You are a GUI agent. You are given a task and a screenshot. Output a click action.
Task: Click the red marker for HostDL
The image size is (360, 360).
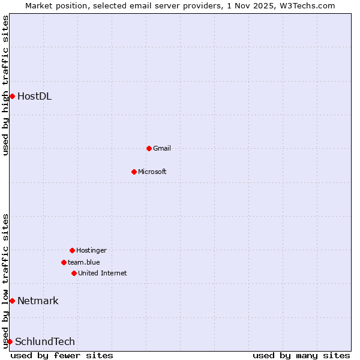point(12,96)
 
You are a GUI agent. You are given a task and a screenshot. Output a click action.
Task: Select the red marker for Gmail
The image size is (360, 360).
point(149,148)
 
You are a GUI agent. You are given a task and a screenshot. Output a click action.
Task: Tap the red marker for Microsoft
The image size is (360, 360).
point(134,172)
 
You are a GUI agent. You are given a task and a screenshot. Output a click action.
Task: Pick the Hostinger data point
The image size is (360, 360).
point(72,250)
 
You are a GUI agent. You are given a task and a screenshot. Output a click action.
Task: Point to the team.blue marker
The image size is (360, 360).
point(64,262)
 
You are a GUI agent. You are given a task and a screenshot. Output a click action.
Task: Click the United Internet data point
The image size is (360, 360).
point(74,273)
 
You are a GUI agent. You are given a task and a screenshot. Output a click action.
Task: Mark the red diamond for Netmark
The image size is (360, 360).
point(12,301)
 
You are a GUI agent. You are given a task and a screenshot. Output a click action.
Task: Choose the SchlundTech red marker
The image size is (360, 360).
point(10,341)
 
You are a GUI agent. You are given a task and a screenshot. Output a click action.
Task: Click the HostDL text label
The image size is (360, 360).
point(34,96)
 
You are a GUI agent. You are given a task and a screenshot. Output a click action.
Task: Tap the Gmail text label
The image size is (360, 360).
point(162,148)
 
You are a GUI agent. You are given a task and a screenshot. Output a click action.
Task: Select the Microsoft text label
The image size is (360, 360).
point(152,172)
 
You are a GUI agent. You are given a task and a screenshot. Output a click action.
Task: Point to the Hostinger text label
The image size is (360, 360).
point(91,250)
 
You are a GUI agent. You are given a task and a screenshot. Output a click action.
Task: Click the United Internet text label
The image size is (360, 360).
point(103,273)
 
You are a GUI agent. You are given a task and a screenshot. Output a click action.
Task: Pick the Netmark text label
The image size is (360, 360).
point(38,301)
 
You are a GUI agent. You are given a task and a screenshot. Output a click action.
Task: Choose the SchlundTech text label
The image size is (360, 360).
point(45,341)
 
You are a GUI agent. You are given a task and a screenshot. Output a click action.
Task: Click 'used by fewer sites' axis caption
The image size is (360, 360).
point(62,355)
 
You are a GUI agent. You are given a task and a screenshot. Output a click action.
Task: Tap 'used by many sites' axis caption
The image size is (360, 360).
point(301,355)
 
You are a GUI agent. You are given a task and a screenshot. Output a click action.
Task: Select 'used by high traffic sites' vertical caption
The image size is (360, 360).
point(5,85)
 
